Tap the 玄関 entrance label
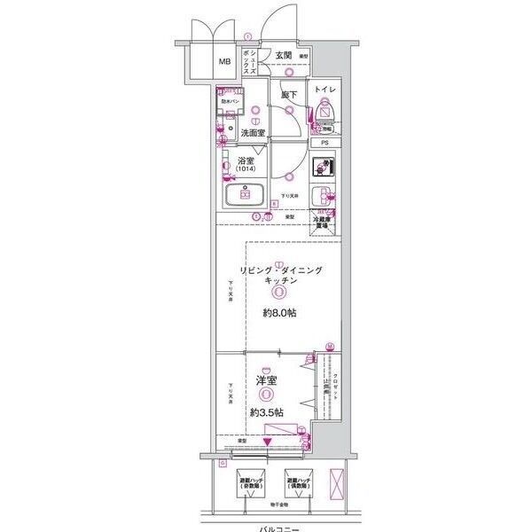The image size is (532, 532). [x=284, y=55]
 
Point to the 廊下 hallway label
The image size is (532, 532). [x=289, y=93]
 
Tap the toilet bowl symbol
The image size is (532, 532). [x=324, y=112]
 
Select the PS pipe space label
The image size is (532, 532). [x=325, y=143]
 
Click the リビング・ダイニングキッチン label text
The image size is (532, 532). [x=279, y=273]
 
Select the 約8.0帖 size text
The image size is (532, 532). [x=278, y=313]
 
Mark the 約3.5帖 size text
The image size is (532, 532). [x=266, y=412]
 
